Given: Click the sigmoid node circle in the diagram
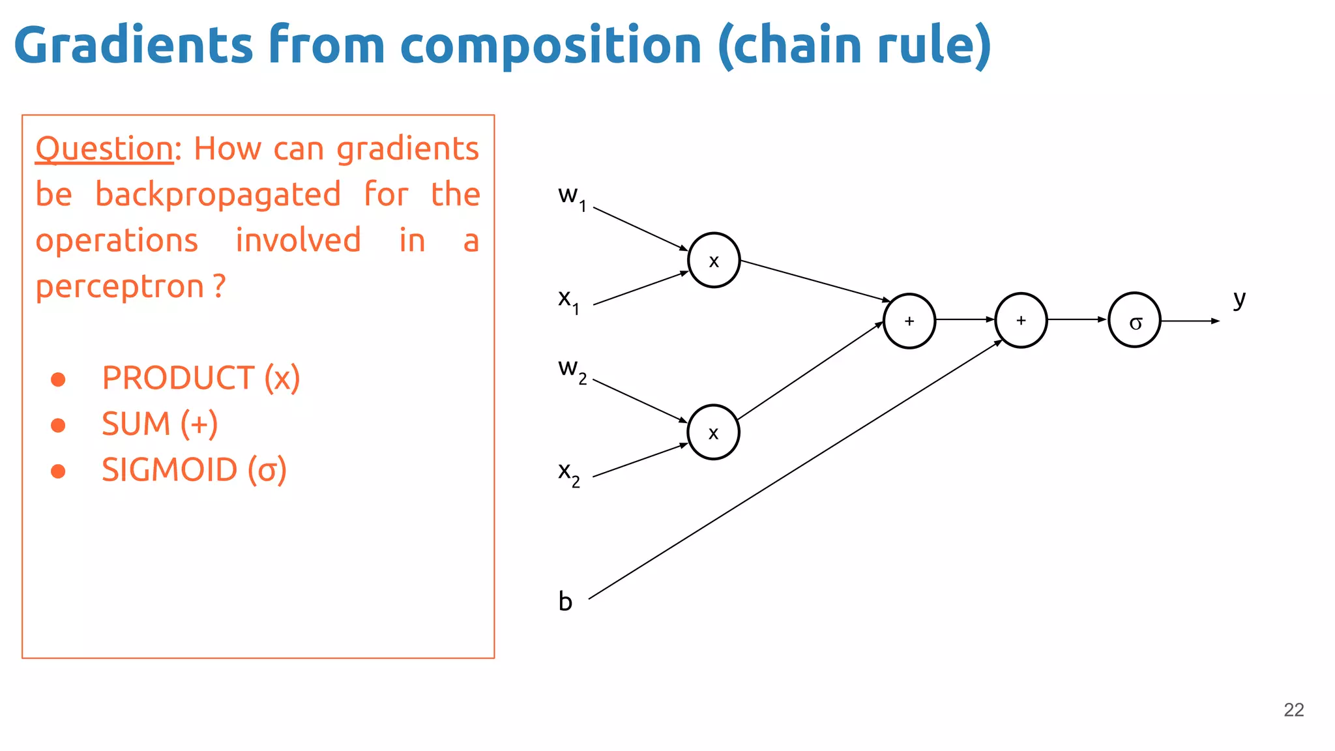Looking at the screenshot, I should point(1134,320).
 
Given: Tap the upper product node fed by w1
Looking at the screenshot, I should point(714,260).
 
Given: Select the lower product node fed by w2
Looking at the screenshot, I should point(713,432).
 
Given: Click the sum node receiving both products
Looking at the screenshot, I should point(909,321).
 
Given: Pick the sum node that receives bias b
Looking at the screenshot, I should point(1021,320).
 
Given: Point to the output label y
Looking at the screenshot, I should point(1239,299).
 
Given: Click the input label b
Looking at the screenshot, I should point(565,601).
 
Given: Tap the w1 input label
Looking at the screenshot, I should point(572,196).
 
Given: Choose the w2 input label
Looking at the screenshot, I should point(572,370).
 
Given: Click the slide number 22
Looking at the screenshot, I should point(1293,709).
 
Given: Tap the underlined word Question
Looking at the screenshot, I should point(104,149).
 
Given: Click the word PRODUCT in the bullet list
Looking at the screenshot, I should point(177,378).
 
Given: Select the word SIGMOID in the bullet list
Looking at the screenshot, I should point(169,470).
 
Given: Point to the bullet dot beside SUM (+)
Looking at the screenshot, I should point(58,425).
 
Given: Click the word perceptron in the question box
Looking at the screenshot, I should point(120,287).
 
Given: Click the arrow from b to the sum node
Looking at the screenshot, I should point(795,469).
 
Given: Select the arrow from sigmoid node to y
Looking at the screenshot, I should point(1190,321).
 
